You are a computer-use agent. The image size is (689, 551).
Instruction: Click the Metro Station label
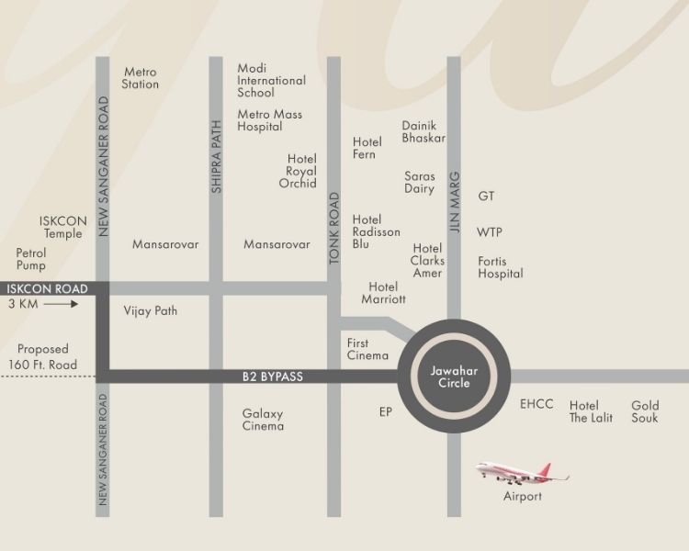click(x=141, y=78)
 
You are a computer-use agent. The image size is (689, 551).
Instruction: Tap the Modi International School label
click(x=271, y=81)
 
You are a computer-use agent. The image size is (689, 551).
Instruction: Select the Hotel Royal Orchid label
click(x=301, y=171)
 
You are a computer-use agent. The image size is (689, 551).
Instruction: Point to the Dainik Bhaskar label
click(x=424, y=131)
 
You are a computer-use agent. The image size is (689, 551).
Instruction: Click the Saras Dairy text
click(x=419, y=182)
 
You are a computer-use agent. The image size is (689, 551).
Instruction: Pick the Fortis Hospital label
click(x=500, y=267)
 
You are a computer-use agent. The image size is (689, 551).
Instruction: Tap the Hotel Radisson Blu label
click(x=376, y=232)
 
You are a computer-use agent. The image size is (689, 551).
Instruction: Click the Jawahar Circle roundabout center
click(x=450, y=377)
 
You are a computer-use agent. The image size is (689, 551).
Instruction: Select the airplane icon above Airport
click(x=522, y=473)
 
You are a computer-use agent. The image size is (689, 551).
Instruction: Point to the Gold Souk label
click(x=645, y=411)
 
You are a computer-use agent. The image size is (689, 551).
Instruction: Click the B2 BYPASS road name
click(x=273, y=377)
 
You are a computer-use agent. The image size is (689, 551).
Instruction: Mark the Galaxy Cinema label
click(x=263, y=420)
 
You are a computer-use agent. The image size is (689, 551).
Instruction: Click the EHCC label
click(x=537, y=404)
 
